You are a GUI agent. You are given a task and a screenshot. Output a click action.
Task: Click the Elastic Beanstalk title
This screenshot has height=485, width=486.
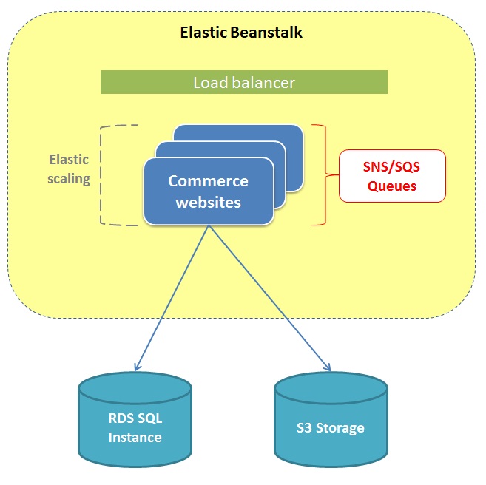pyautogui.click(x=241, y=33)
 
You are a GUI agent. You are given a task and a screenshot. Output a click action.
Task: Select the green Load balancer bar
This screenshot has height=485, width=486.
pyautogui.click(x=243, y=82)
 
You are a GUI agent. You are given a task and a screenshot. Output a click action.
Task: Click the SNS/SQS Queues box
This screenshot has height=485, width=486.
pyautogui.click(x=392, y=176)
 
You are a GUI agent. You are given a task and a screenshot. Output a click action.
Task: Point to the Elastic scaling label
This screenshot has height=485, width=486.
pyautogui.click(x=69, y=169)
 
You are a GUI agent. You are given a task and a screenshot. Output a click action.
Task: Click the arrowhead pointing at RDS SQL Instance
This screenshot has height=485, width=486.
pyautogui.click(x=136, y=365)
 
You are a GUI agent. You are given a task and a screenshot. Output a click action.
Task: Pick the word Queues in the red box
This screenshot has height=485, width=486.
pyautogui.click(x=392, y=186)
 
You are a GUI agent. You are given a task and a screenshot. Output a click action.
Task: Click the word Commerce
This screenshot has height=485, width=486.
pyautogui.click(x=208, y=181)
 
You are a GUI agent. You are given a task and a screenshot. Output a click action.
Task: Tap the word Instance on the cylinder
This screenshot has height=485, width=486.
pyautogui.click(x=135, y=437)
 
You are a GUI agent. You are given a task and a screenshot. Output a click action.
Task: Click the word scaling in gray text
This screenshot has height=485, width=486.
pyautogui.click(x=69, y=179)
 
